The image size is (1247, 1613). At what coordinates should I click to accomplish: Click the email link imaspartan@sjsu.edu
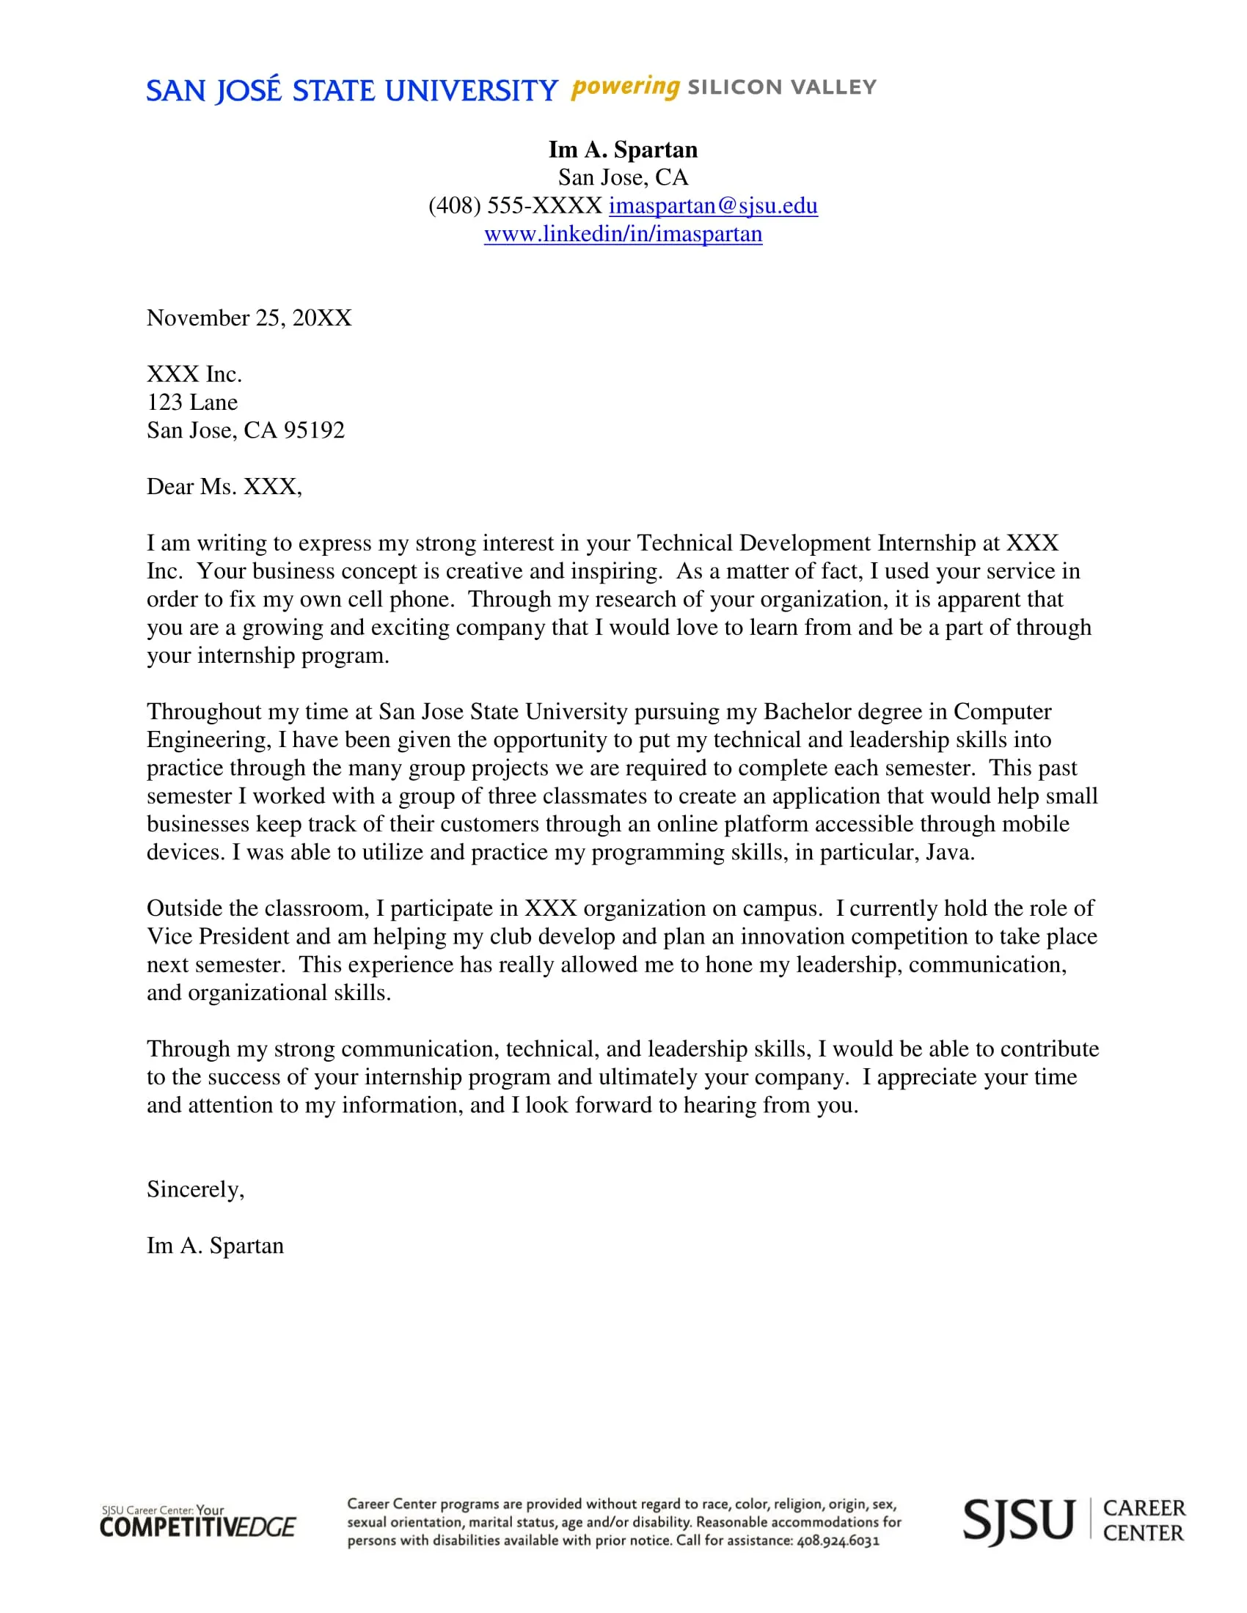(713, 205)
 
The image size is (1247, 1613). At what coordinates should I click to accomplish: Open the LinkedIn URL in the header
(623, 234)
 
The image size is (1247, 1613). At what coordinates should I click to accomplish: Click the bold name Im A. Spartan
(623, 150)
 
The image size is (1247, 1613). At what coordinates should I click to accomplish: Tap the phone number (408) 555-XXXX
(515, 205)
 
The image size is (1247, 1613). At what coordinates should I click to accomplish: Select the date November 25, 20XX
(249, 318)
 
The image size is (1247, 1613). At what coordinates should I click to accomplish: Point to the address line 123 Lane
(192, 403)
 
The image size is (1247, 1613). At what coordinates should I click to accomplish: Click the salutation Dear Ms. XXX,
(224, 487)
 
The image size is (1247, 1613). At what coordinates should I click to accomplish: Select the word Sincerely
(194, 1190)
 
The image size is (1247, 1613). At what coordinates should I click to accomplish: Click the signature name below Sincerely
(215, 1246)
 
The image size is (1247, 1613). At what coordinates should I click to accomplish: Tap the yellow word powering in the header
(625, 87)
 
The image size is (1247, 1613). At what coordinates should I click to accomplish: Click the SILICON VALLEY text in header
(782, 87)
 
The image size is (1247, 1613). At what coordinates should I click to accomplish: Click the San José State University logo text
(351, 91)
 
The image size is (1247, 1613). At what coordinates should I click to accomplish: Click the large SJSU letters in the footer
(1018, 1521)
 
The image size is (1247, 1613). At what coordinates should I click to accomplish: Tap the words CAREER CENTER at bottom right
(1143, 1521)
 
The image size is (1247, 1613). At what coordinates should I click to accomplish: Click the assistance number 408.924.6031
(838, 1540)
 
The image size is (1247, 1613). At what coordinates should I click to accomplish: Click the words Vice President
(218, 937)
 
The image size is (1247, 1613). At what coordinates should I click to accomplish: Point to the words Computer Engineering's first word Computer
(1002, 712)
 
